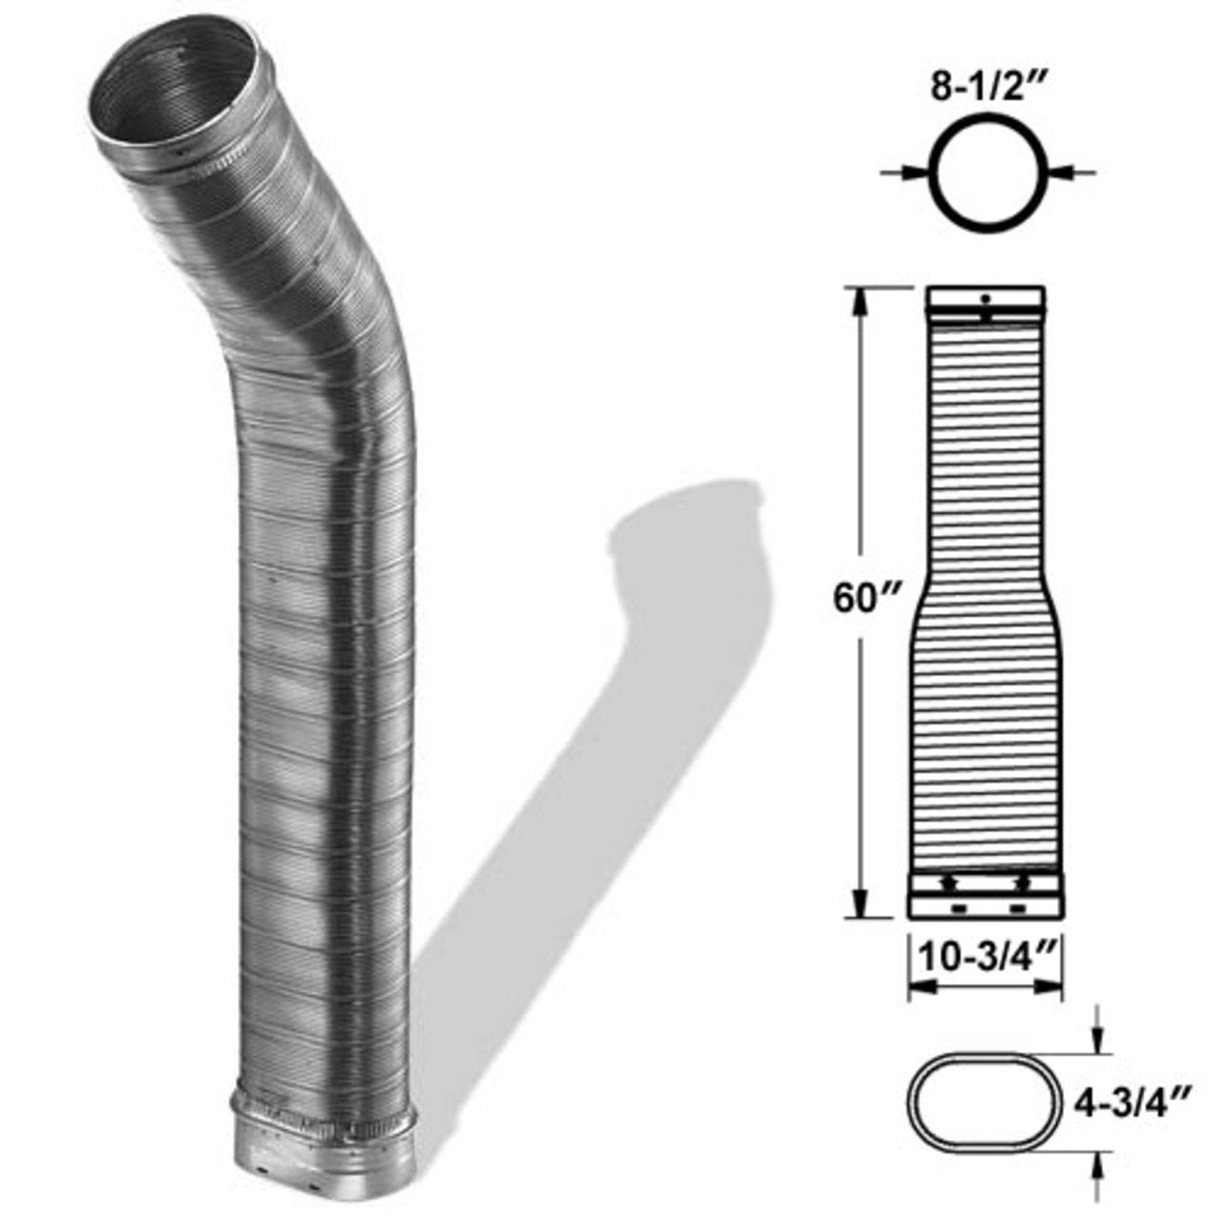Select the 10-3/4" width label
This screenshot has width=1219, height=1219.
tap(985, 957)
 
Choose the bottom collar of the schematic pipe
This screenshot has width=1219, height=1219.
tap(985, 895)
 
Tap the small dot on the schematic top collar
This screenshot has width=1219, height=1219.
tap(986, 299)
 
